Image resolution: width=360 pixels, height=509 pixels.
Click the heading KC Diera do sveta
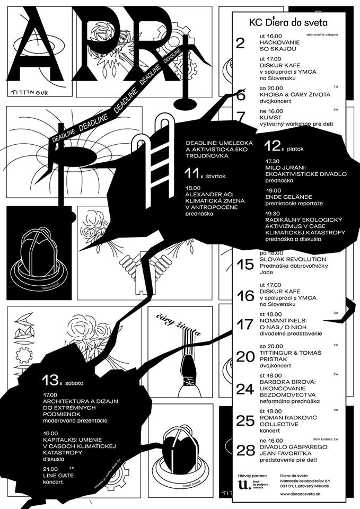(x=288, y=23)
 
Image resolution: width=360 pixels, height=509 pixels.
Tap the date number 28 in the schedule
(x=246, y=450)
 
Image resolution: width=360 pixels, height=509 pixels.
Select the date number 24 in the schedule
(x=246, y=389)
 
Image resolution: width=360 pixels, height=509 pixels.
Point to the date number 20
(x=246, y=357)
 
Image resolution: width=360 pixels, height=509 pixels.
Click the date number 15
(x=245, y=265)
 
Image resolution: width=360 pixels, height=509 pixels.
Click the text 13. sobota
(x=64, y=380)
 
